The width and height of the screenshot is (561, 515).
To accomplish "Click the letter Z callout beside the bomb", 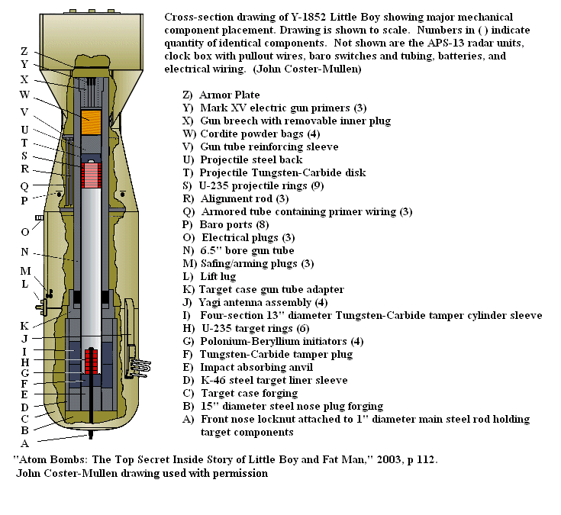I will tap(25, 51).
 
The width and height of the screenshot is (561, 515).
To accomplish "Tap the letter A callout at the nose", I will tap(25, 443).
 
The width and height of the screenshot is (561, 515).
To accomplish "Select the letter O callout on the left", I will tap(25, 231).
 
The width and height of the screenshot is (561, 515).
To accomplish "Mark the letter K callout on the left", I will tap(25, 326).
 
